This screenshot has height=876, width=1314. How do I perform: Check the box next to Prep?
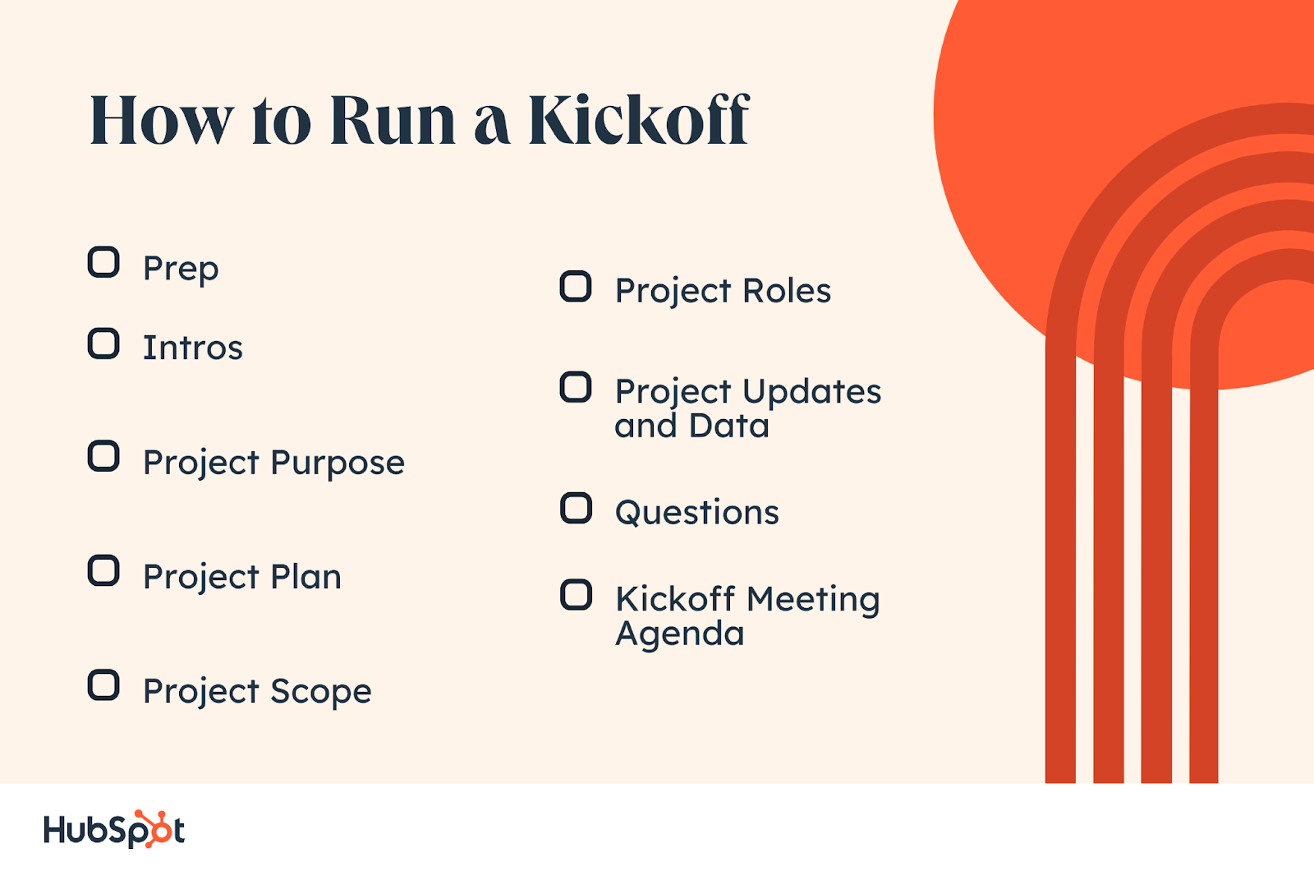pyautogui.click(x=103, y=262)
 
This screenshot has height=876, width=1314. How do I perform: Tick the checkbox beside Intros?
pyautogui.click(x=103, y=343)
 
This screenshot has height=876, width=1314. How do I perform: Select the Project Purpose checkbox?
pyautogui.click(x=103, y=456)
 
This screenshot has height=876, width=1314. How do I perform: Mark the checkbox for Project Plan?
pyautogui.click(x=103, y=570)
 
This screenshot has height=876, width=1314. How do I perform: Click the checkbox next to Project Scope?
pyautogui.click(x=103, y=685)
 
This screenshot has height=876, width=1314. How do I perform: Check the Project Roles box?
pyautogui.click(x=576, y=287)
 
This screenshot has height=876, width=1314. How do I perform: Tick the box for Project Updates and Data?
pyautogui.click(x=576, y=388)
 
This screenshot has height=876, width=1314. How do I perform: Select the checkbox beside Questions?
pyautogui.click(x=576, y=508)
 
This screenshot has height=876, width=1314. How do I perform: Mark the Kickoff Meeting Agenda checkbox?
pyautogui.click(x=576, y=595)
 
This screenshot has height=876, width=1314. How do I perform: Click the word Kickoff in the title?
pyautogui.click(x=639, y=119)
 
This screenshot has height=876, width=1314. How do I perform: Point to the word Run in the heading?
pyautogui.click(x=393, y=119)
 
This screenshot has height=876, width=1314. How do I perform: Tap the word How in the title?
pyautogui.click(x=162, y=120)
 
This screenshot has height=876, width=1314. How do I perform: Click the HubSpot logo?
pyautogui.click(x=114, y=829)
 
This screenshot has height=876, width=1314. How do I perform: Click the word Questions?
pyautogui.click(x=697, y=513)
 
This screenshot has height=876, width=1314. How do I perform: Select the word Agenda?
pyautogui.click(x=680, y=634)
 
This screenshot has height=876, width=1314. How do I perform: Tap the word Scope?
pyautogui.click(x=321, y=692)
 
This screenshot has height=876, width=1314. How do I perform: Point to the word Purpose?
pyautogui.click(x=338, y=463)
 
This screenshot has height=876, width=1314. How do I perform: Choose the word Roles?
pyautogui.click(x=787, y=291)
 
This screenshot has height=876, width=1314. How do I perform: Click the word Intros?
pyautogui.click(x=193, y=348)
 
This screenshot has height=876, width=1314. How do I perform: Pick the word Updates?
pyautogui.click(x=812, y=393)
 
